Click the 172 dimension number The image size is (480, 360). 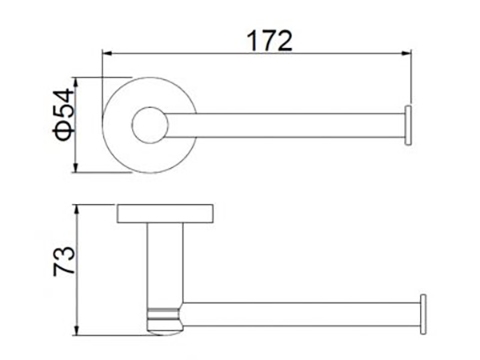point(269,41)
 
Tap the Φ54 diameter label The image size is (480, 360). point(63,114)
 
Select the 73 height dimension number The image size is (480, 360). point(64,261)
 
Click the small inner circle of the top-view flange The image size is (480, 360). point(150,125)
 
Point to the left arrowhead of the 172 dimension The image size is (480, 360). point(107,53)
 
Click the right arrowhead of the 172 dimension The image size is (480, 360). point(407,53)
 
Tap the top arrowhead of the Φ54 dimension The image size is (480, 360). point(76,82)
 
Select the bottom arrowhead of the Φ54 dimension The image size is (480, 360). point(76,168)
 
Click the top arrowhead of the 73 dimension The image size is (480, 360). point(77,210)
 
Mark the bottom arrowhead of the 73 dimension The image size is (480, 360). point(77,331)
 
